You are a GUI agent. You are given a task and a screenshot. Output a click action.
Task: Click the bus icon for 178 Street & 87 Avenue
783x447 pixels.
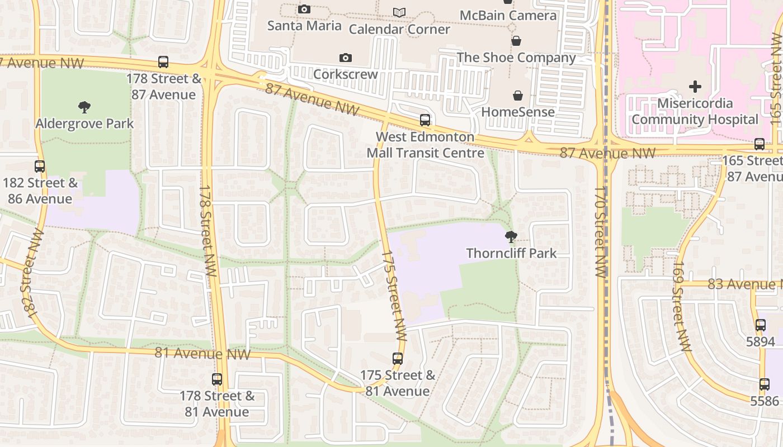pos(163,62)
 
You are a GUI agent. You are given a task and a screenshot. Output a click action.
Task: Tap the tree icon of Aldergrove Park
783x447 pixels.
pos(84,107)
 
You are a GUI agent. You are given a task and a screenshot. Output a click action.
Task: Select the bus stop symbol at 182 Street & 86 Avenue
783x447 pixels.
pos(40,166)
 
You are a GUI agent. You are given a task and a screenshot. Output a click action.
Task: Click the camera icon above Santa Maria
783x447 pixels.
pos(304,9)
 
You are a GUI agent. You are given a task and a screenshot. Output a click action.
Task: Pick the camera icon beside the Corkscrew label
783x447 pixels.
pos(346,58)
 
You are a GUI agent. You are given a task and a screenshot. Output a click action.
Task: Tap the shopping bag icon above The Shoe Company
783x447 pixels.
pos(516,41)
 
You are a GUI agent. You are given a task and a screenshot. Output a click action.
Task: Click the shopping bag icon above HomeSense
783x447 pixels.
pos(518,96)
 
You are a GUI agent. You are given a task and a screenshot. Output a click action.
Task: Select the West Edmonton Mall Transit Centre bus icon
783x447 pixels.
pos(425,120)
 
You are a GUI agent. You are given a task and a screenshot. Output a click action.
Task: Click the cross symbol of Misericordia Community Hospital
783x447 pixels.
pos(695,87)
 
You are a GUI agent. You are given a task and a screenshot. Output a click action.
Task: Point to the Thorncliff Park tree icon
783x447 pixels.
pos(511,237)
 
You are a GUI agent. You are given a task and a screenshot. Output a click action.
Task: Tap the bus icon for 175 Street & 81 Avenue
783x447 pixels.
pos(398,358)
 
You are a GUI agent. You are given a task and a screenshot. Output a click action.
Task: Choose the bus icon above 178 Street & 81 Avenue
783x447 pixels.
pos(217,379)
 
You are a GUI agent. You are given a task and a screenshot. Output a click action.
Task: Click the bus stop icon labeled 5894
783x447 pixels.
pos(761,325)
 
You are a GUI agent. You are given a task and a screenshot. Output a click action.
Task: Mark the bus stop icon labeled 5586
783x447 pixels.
pos(765,384)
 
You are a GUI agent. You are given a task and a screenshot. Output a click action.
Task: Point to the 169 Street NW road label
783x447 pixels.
pos(681,306)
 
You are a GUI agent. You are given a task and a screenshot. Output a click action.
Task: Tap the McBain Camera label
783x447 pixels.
pos(508,15)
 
